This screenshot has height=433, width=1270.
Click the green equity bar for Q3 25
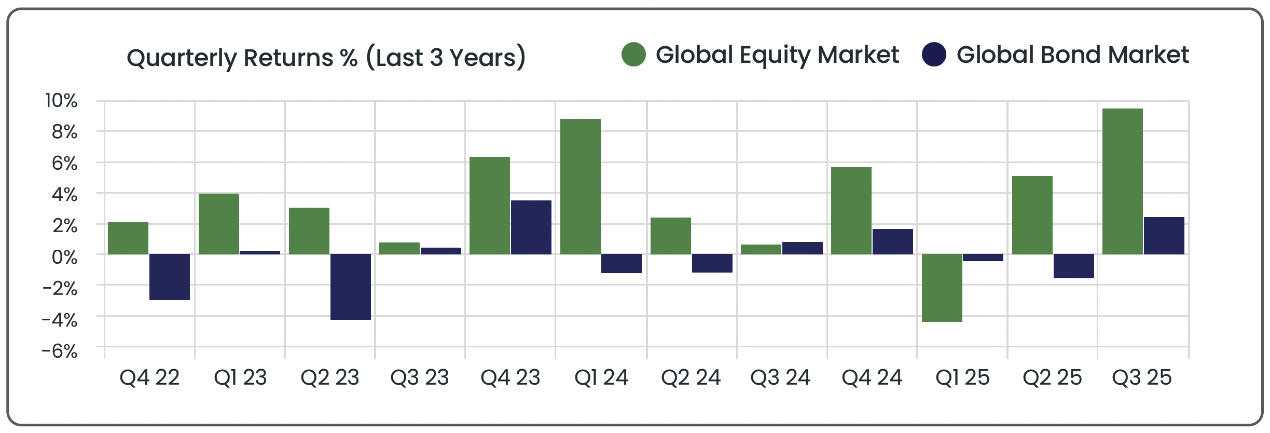coord(1122,181)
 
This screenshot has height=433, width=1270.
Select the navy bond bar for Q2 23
coord(351,287)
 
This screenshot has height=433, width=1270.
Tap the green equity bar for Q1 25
coord(942,288)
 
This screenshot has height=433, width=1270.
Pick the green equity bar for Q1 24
coord(581,186)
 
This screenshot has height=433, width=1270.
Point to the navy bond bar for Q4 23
coord(531,227)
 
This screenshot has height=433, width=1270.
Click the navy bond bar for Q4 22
coord(170,277)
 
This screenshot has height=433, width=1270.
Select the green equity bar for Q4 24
coord(851,210)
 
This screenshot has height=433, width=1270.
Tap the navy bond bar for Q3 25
coord(1164,235)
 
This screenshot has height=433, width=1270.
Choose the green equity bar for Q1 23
coord(219,224)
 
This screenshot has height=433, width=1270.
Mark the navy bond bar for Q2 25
coord(1074,266)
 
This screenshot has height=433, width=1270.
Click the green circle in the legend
coord(633,55)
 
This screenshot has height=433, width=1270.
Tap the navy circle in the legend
coord(934,55)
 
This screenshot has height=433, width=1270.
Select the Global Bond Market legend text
coord(1073,55)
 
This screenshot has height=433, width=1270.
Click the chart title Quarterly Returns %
coord(326,57)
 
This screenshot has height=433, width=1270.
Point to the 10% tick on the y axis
coord(61,101)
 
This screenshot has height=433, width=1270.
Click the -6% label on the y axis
coord(60,351)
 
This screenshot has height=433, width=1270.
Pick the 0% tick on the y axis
coord(64,257)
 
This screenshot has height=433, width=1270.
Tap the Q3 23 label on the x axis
coord(420,377)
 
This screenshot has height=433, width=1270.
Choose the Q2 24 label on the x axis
coord(691,377)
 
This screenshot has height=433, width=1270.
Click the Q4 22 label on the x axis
coord(149,377)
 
